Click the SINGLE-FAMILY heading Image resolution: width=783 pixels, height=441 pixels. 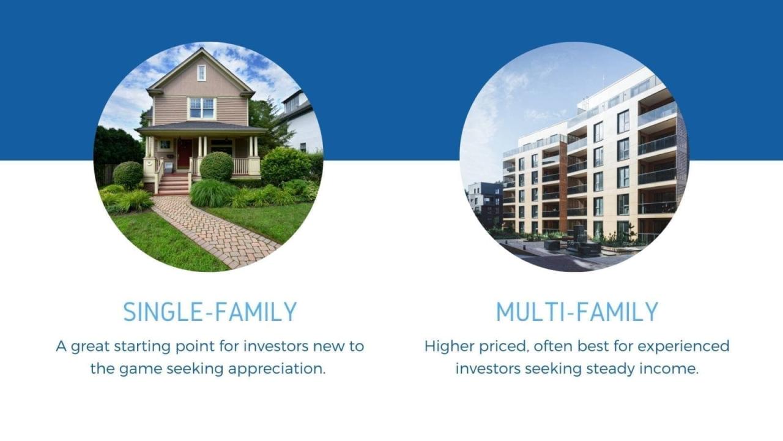tap(210, 312)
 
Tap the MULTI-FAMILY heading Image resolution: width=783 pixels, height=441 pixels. tap(577, 312)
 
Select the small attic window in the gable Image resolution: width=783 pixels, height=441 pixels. tap(201, 73)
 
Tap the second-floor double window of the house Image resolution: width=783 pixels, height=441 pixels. tap(201, 108)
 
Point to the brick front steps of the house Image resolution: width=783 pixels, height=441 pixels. tap(174, 184)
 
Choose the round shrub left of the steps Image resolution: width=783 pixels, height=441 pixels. tap(128, 175)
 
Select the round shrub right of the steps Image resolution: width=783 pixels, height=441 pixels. tap(217, 166)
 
